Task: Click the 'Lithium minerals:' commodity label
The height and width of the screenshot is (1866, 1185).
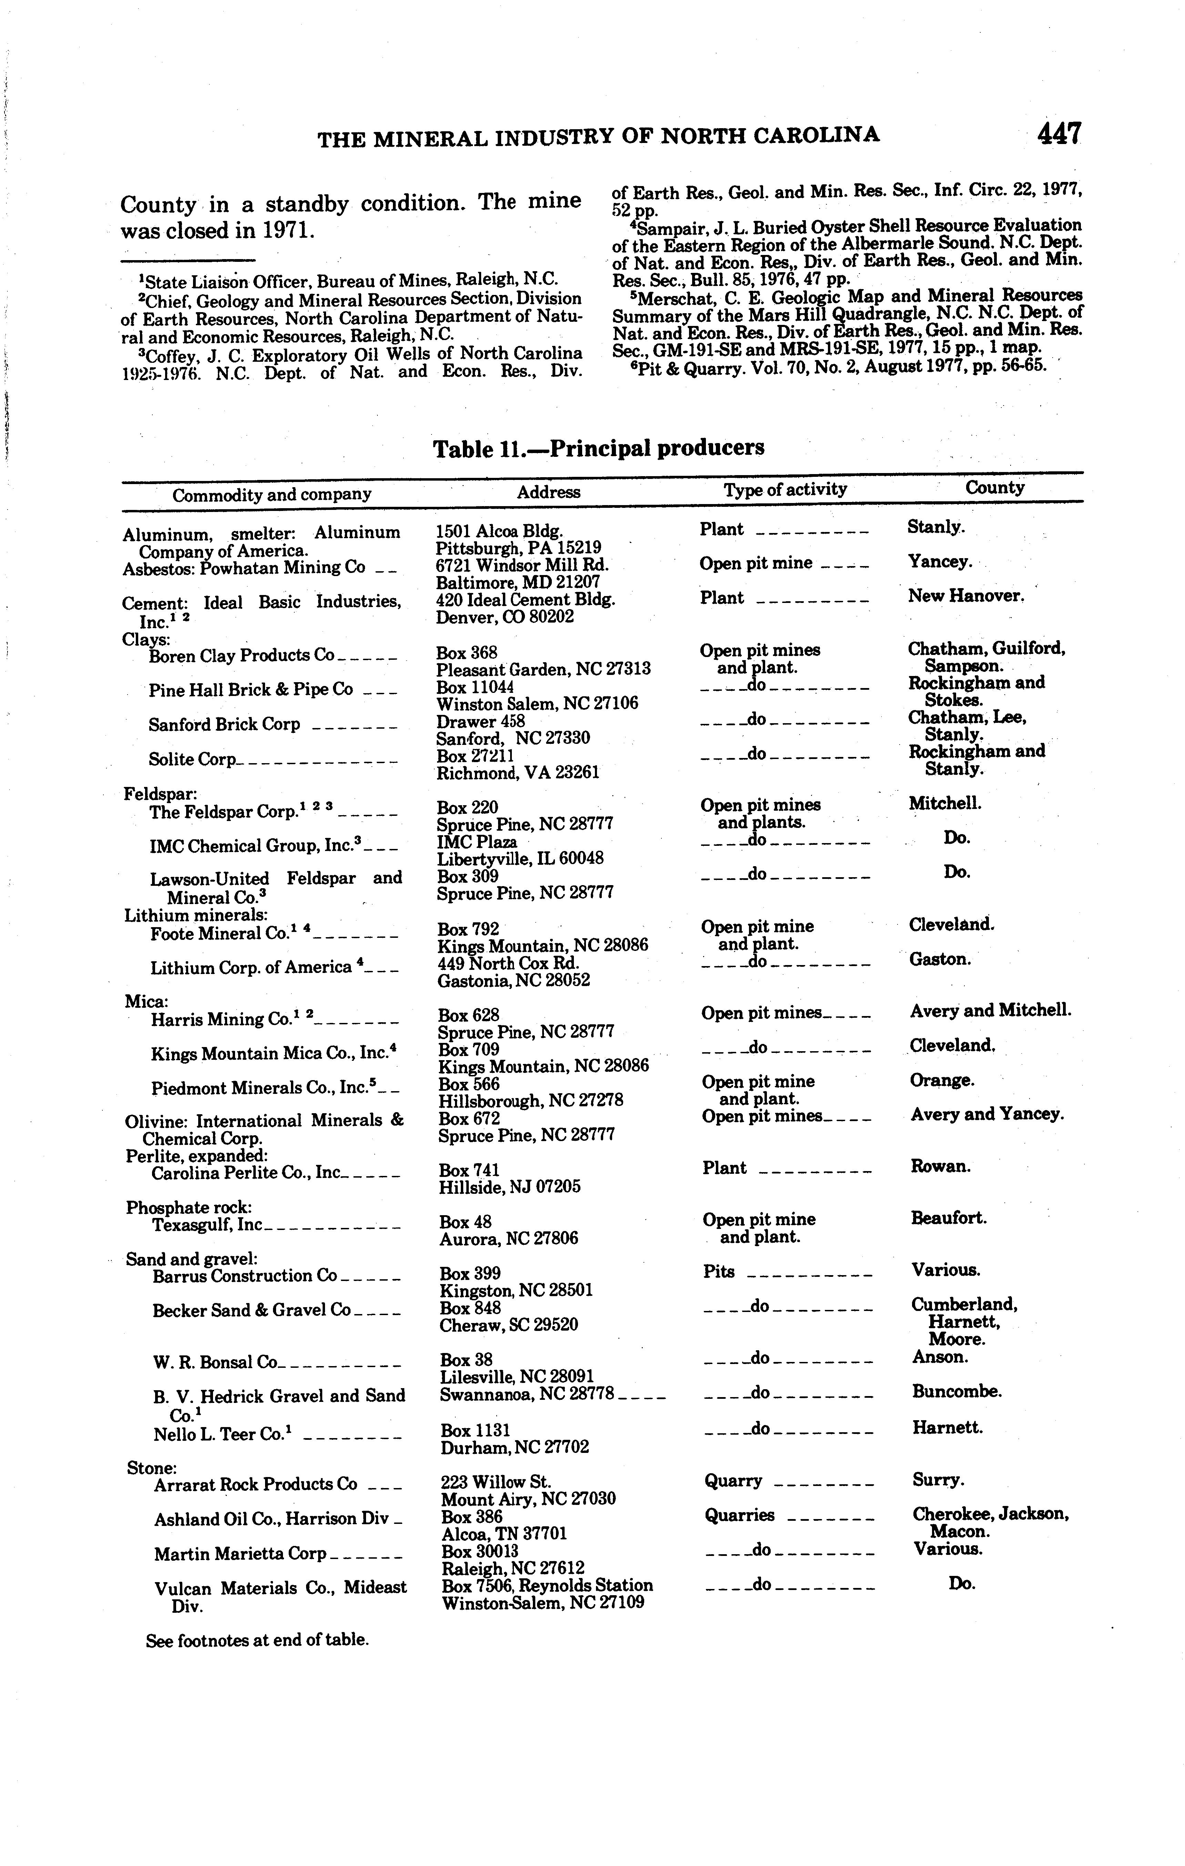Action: point(197,915)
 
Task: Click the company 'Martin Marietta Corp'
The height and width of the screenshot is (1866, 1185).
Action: point(240,1554)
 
